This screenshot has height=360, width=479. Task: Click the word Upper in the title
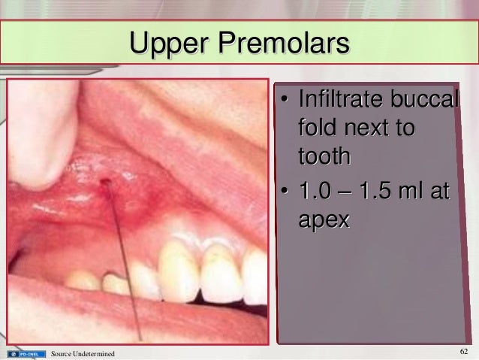[x=169, y=43]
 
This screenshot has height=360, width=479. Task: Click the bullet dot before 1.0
[x=286, y=193]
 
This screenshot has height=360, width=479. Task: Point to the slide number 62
[x=463, y=352]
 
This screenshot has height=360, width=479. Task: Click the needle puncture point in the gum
[x=105, y=182]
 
